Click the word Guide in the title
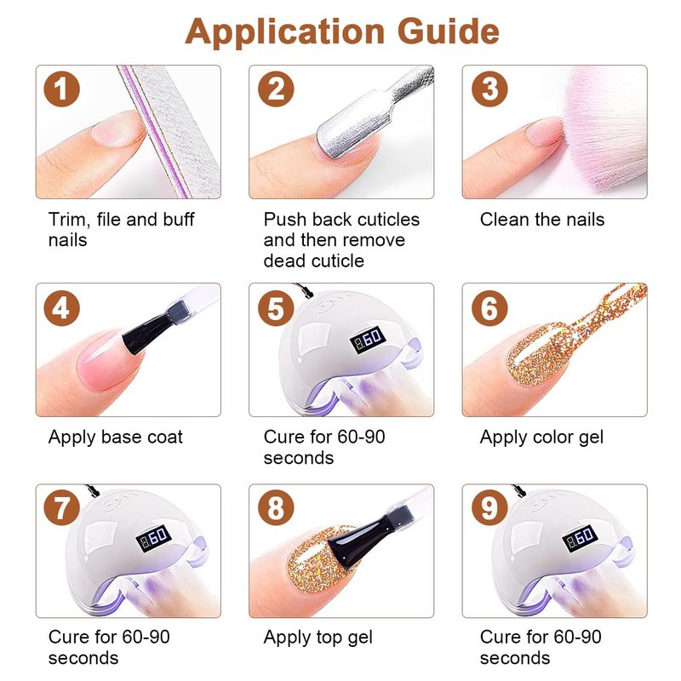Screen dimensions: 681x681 [449, 32]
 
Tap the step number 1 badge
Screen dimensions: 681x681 [61, 89]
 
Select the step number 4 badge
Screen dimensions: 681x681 [61, 308]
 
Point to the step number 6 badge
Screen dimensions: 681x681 [489, 308]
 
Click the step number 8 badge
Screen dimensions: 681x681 [276, 507]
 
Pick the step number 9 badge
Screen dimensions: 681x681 [489, 507]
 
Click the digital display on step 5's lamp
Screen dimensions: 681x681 [368, 339]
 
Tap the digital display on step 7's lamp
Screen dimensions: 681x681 [154, 539]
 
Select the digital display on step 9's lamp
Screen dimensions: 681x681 [581, 539]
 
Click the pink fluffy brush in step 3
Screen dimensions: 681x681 [604, 130]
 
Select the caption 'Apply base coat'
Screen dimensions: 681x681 [116, 438]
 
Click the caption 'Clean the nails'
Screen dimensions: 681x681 [542, 220]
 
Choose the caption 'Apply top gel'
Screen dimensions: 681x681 [318, 638]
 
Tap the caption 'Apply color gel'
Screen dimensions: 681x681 [541, 438]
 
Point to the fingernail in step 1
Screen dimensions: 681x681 [117, 129]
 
